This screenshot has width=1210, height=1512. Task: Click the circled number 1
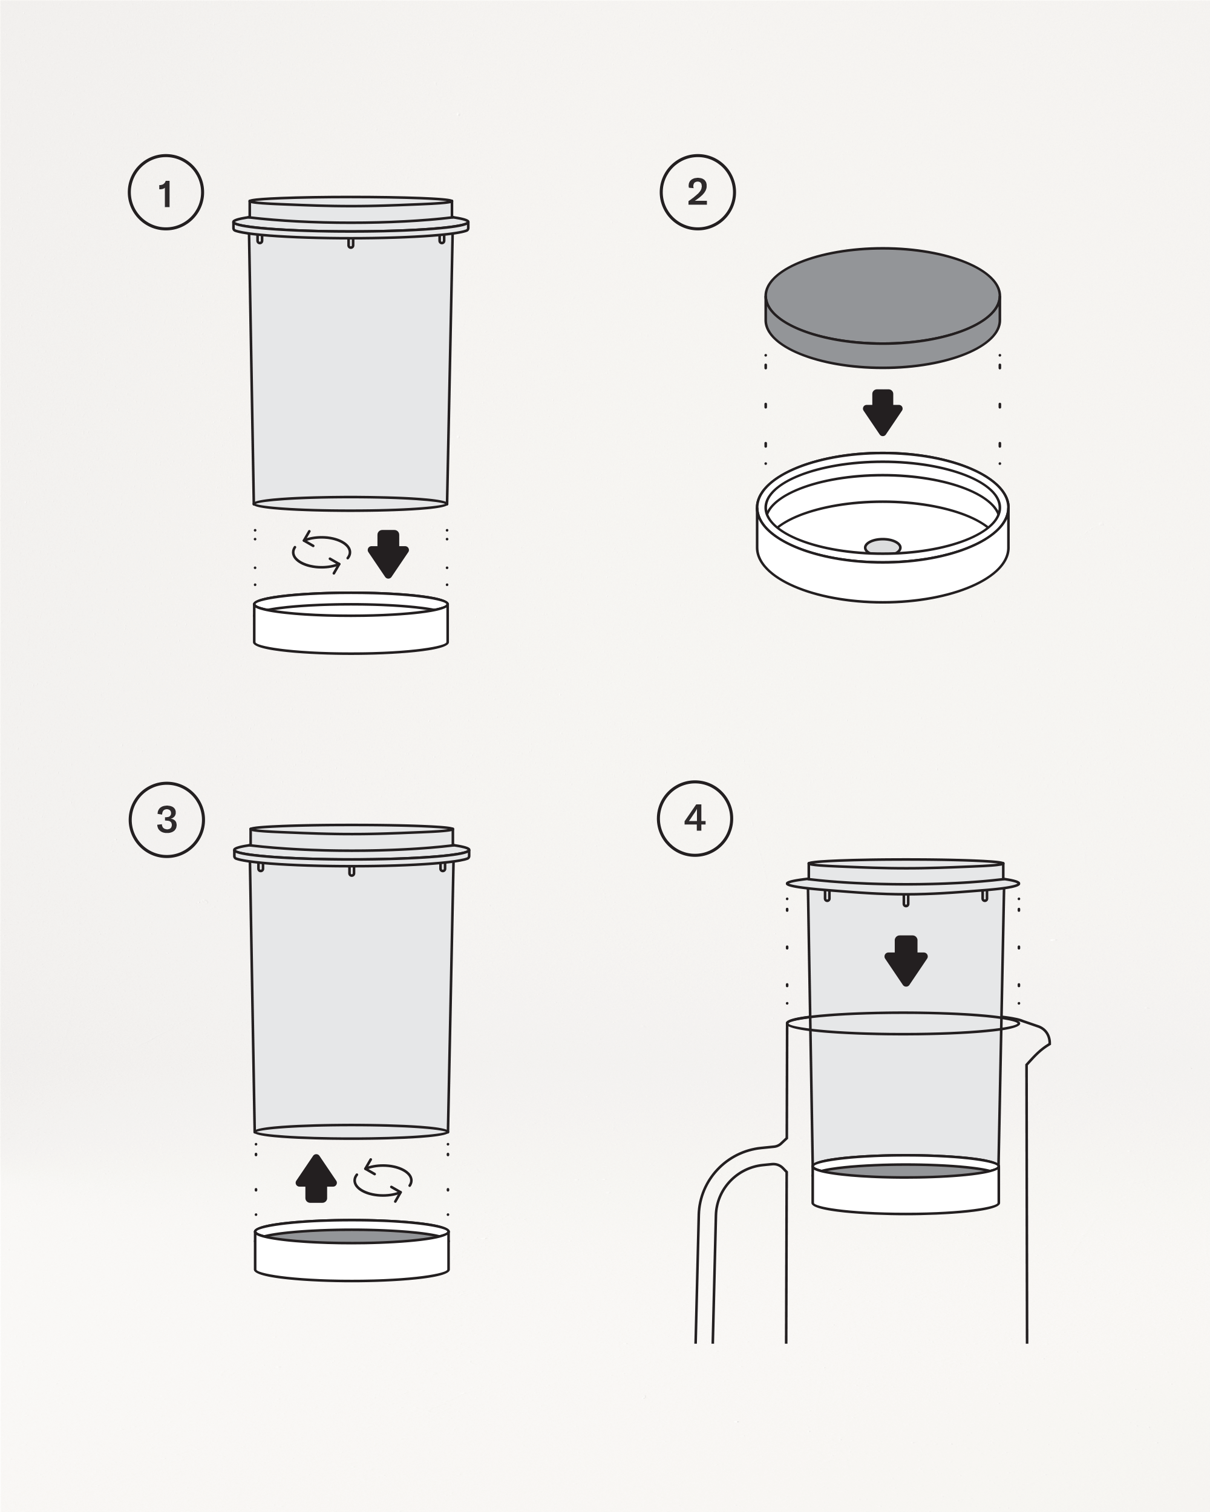166,192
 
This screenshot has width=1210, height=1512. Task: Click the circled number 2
697,192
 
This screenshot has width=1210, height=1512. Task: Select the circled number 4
695,818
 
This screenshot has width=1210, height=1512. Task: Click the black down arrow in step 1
388,554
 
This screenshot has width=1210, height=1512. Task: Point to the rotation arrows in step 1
321,553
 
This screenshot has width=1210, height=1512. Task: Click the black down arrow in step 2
883,412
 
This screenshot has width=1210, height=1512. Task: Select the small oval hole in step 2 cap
883,546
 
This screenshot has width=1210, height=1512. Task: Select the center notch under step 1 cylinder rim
351,243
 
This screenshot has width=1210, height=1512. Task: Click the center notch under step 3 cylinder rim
352,871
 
